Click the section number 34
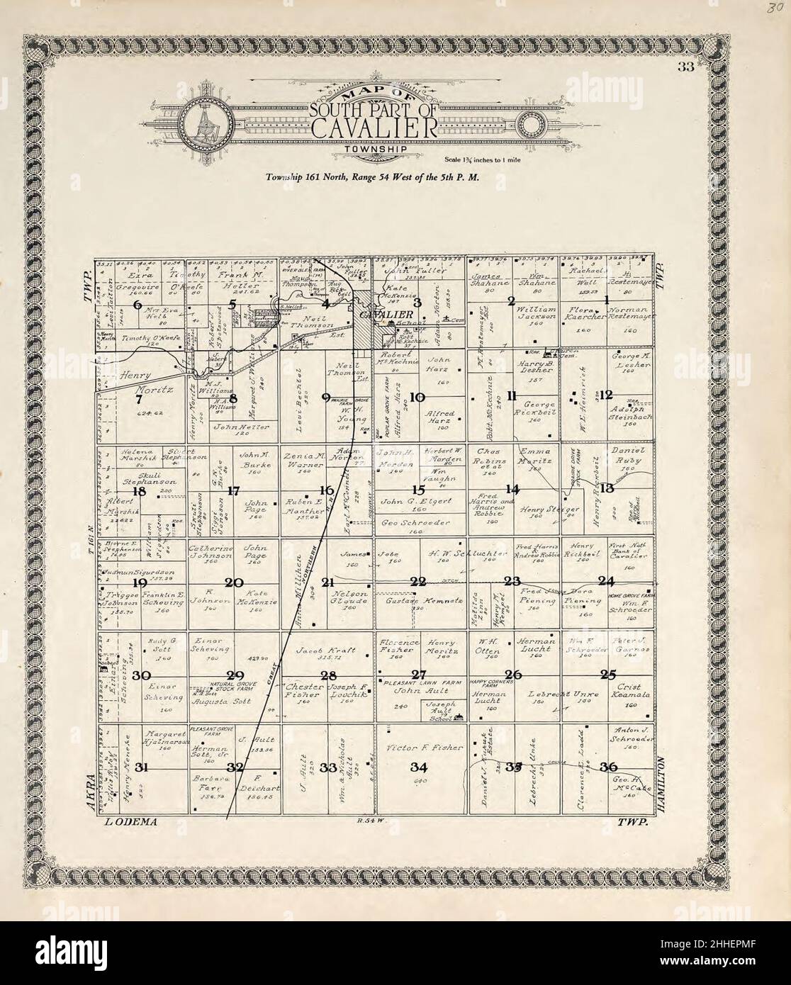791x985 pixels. click(419, 767)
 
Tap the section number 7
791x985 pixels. click(139, 398)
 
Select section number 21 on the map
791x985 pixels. click(327, 582)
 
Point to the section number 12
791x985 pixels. click(607, 395)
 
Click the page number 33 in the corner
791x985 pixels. click(684, 68)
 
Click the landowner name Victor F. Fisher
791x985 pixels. click(424, 748)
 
